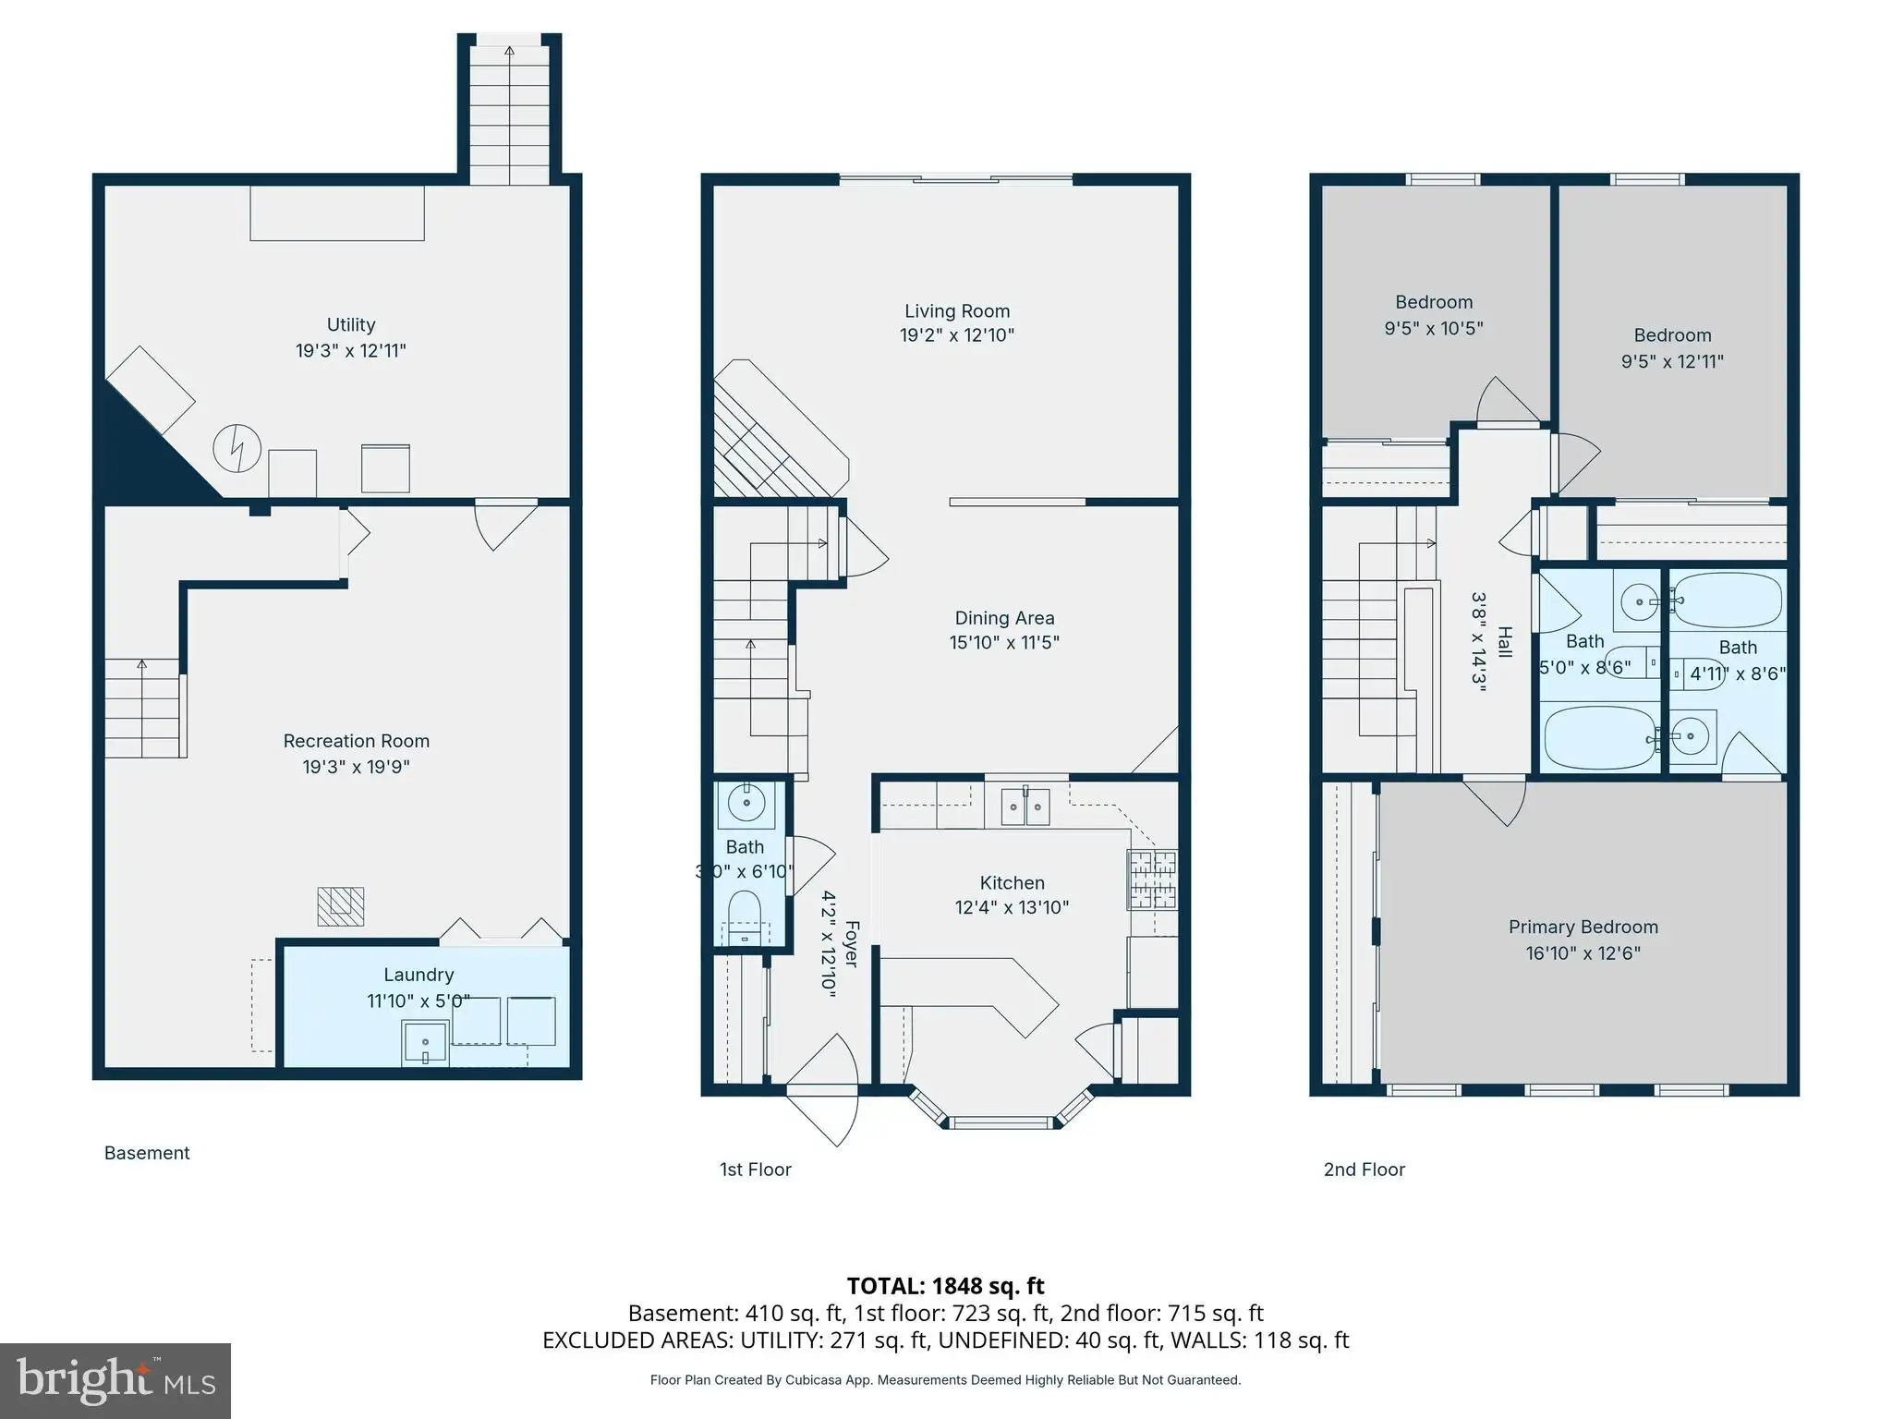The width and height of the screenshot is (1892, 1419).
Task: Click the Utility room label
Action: (x=351, y=325)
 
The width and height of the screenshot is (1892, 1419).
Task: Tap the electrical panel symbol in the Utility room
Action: (x=237, y=449)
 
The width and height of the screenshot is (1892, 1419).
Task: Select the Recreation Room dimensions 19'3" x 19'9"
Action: (x=357, y=767)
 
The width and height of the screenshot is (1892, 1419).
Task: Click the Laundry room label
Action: (x=418, y=975)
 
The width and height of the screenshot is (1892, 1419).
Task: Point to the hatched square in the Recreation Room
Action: (x=340, y=906)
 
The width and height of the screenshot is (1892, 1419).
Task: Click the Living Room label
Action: (x=957, y=311)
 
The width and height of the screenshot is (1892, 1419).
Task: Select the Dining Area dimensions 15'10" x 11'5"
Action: (x=1004, y=642)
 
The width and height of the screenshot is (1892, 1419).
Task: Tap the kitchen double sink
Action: (x=1025, y=808)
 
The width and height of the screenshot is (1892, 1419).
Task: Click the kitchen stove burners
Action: (x=1152, y=879)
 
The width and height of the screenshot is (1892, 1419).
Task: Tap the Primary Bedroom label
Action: (x=1583, y=928)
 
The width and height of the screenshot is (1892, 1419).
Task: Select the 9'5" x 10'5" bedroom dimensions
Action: (x=1434, y=328)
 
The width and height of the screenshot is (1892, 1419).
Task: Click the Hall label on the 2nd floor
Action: (x=1505, y=642)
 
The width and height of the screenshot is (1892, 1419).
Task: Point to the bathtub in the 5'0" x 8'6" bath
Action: (x=1601, y=737)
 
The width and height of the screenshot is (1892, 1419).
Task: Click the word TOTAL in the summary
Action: (x=885, y=1286)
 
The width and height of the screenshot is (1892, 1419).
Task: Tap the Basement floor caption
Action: (x=147, y=1153)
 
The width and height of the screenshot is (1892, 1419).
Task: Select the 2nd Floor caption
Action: (x=1364, y=1170)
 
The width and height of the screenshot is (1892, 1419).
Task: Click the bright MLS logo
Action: (x=115, y=1381)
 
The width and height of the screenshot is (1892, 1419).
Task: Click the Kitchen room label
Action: (x=1013, y=883)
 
